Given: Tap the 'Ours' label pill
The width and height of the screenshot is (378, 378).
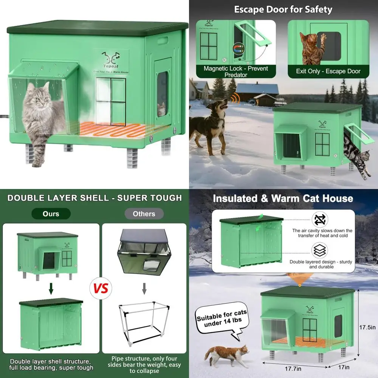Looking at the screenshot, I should (x=51, y=214).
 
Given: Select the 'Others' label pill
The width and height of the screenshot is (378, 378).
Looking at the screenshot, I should (x=144, y=214).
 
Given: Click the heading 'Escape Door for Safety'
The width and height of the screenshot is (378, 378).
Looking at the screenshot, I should (x=283, y=9).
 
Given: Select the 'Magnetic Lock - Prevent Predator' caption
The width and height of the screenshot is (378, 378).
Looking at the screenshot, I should (x=236, y=71).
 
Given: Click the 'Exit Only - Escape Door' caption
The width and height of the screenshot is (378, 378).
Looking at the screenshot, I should (x=328, y=71).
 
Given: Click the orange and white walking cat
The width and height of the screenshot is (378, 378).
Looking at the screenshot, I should (x=226, y=355).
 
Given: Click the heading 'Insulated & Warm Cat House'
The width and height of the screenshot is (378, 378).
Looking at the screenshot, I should (x=283, y=198).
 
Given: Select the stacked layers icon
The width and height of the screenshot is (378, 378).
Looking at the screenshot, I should (x=320, y=250).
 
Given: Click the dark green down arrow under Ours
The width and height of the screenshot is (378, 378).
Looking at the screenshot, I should (x=51, y=289).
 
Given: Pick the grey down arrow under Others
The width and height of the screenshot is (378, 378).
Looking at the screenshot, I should (x=144, y=289).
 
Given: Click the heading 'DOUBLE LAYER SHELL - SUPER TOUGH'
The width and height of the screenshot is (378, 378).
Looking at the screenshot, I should (x=94, y=198).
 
